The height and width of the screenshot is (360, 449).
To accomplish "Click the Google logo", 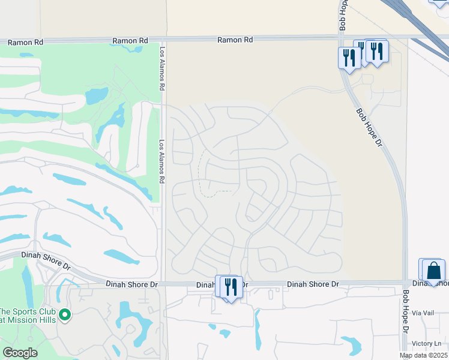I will coord(20,353).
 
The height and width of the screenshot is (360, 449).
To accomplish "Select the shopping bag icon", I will coord(433,271).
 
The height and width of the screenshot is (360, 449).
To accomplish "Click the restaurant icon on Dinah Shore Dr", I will coord(231,287).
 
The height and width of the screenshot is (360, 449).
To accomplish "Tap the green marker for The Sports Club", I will coord(65,314).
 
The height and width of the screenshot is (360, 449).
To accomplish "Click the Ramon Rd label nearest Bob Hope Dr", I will coord(235,40).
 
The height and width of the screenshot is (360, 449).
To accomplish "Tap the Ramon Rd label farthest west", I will coord(26,43).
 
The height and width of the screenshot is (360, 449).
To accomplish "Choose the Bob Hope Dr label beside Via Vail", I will coord(406,312).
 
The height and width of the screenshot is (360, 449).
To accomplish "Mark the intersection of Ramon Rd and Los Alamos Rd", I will coord(163,40).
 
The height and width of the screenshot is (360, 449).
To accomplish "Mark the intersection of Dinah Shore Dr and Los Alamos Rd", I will coord(163,284).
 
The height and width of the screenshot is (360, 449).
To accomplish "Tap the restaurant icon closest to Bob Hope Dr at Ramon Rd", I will coord(348,58).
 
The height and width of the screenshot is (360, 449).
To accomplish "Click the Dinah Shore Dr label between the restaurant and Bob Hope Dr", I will coord(313,284).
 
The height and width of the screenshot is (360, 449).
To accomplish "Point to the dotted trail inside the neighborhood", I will coord(202,174).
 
